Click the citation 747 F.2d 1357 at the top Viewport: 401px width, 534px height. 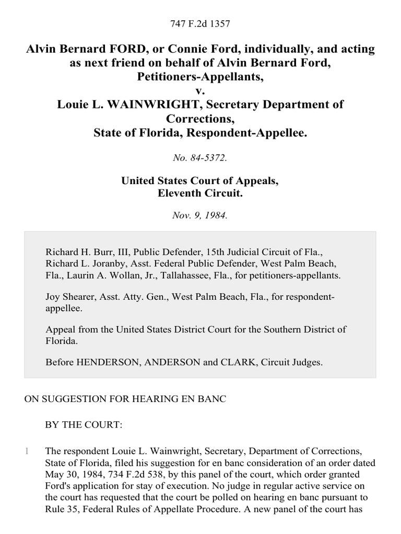(x=200, y=23)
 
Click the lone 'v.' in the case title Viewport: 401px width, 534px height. (x=200, y=90)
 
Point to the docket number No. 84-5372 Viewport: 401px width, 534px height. (x=200, y=158)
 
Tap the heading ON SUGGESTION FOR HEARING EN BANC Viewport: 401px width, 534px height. (x=125, y=399)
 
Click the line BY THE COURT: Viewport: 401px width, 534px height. (x=84, y=424)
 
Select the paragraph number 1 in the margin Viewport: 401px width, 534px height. (x=27, y=451)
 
